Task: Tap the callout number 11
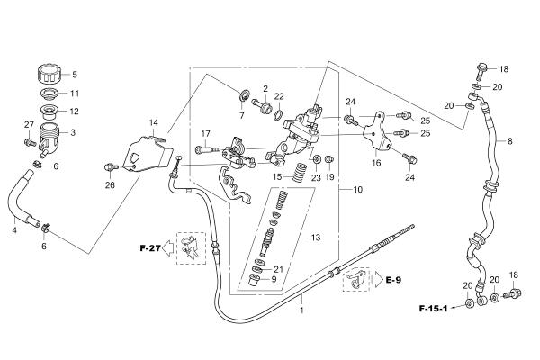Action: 75,94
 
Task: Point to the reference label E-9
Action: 393,280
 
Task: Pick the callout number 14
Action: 153,122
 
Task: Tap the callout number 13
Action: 315,238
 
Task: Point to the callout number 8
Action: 509,142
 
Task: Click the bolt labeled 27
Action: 29,139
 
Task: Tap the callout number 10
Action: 357,190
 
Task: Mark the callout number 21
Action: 278,269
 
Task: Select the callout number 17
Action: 205,134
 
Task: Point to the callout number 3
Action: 74,132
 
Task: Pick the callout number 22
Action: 279,96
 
